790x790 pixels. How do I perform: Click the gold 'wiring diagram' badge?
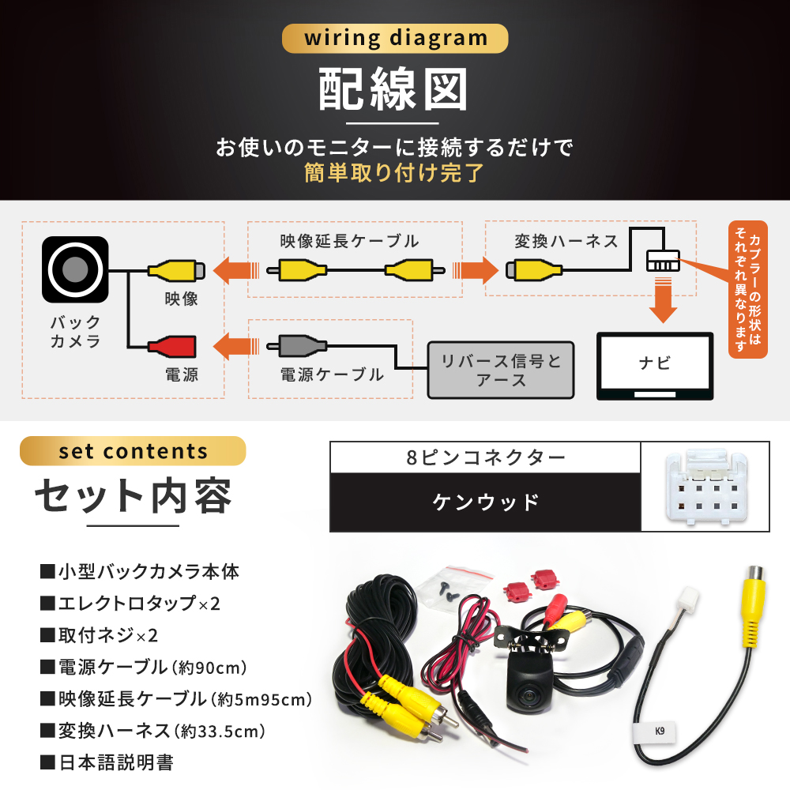coord(394,38)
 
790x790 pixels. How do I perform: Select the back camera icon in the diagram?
coord(76,269)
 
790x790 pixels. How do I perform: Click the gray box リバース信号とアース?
coord(501,370)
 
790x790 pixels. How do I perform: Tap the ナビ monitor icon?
coord(654,364)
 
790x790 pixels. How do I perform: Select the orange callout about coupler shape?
coord(747,289)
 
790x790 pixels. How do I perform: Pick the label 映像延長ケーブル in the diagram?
coord(349,241)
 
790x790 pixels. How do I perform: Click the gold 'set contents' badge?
coord(133,451)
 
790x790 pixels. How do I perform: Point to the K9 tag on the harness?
coord(659,731)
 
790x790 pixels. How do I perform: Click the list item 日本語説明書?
coord(115,762)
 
